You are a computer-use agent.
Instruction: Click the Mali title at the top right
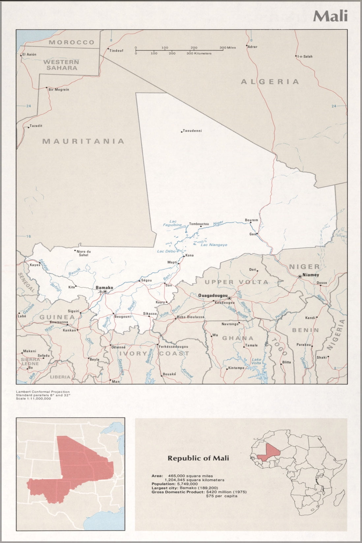pyautogui.click(x=330, y=16)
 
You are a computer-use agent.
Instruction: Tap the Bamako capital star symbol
pyautogui.click(x=105, y=292)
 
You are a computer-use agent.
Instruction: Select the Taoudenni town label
pyautogui.click(x=192, y=131)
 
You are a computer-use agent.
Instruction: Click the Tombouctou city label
pyautogui.click(x=199, y=224)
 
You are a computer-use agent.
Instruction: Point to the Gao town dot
pyautogui.click(x=257, y=234)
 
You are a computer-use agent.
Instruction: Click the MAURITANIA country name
pyautogui.click(x=83, y=141)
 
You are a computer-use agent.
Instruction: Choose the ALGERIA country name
pyautogui.click(x=270, y=81)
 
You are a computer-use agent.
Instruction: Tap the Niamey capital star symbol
pyautogui.click(x=300, y=276)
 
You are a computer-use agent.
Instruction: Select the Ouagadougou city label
pyautogui.click(x=213, y=296)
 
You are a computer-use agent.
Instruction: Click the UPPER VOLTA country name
pyautogui.click(x=236, y=282)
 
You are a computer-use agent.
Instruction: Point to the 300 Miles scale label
pyautogui.click(x=228, y=48)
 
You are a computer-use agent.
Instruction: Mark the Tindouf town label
pyautogui.click(x=116, y=50)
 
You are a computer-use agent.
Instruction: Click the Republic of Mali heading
pyautogui.click(x=198, y=458)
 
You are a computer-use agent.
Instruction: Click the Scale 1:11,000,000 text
pyautogui.click(x=33, y=399)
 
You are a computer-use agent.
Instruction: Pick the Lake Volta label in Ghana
pyautogui.click(x=256, y=361)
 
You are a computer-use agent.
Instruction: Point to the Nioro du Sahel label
pyautogui.click(x=83, y=253)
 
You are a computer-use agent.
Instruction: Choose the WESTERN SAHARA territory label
pyautogui.click(x=61, y=65)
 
